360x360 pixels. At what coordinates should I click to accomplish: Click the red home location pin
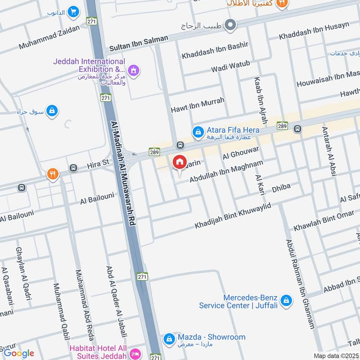[x=179, y=162]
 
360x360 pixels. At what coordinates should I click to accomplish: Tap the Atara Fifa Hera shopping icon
[x=197, y=131]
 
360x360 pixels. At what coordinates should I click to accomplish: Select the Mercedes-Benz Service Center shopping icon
[x=285, y=301]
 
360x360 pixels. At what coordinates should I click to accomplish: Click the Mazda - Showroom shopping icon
[x=169, y=338]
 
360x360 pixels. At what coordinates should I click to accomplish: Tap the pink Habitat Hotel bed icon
[x=134, y=354]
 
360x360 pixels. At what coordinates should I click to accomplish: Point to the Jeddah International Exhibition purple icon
[x=133, y=70]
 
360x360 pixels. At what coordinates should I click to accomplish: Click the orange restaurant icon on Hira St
[x=53, y=174]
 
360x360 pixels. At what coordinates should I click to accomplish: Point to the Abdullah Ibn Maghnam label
[x=226, y=172]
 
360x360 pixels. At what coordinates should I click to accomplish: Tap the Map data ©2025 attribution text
[x=335, y=355]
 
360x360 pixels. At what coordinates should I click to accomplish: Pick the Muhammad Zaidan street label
[x=49, y=37]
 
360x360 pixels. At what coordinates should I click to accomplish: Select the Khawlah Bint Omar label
[x=324, y=221]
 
